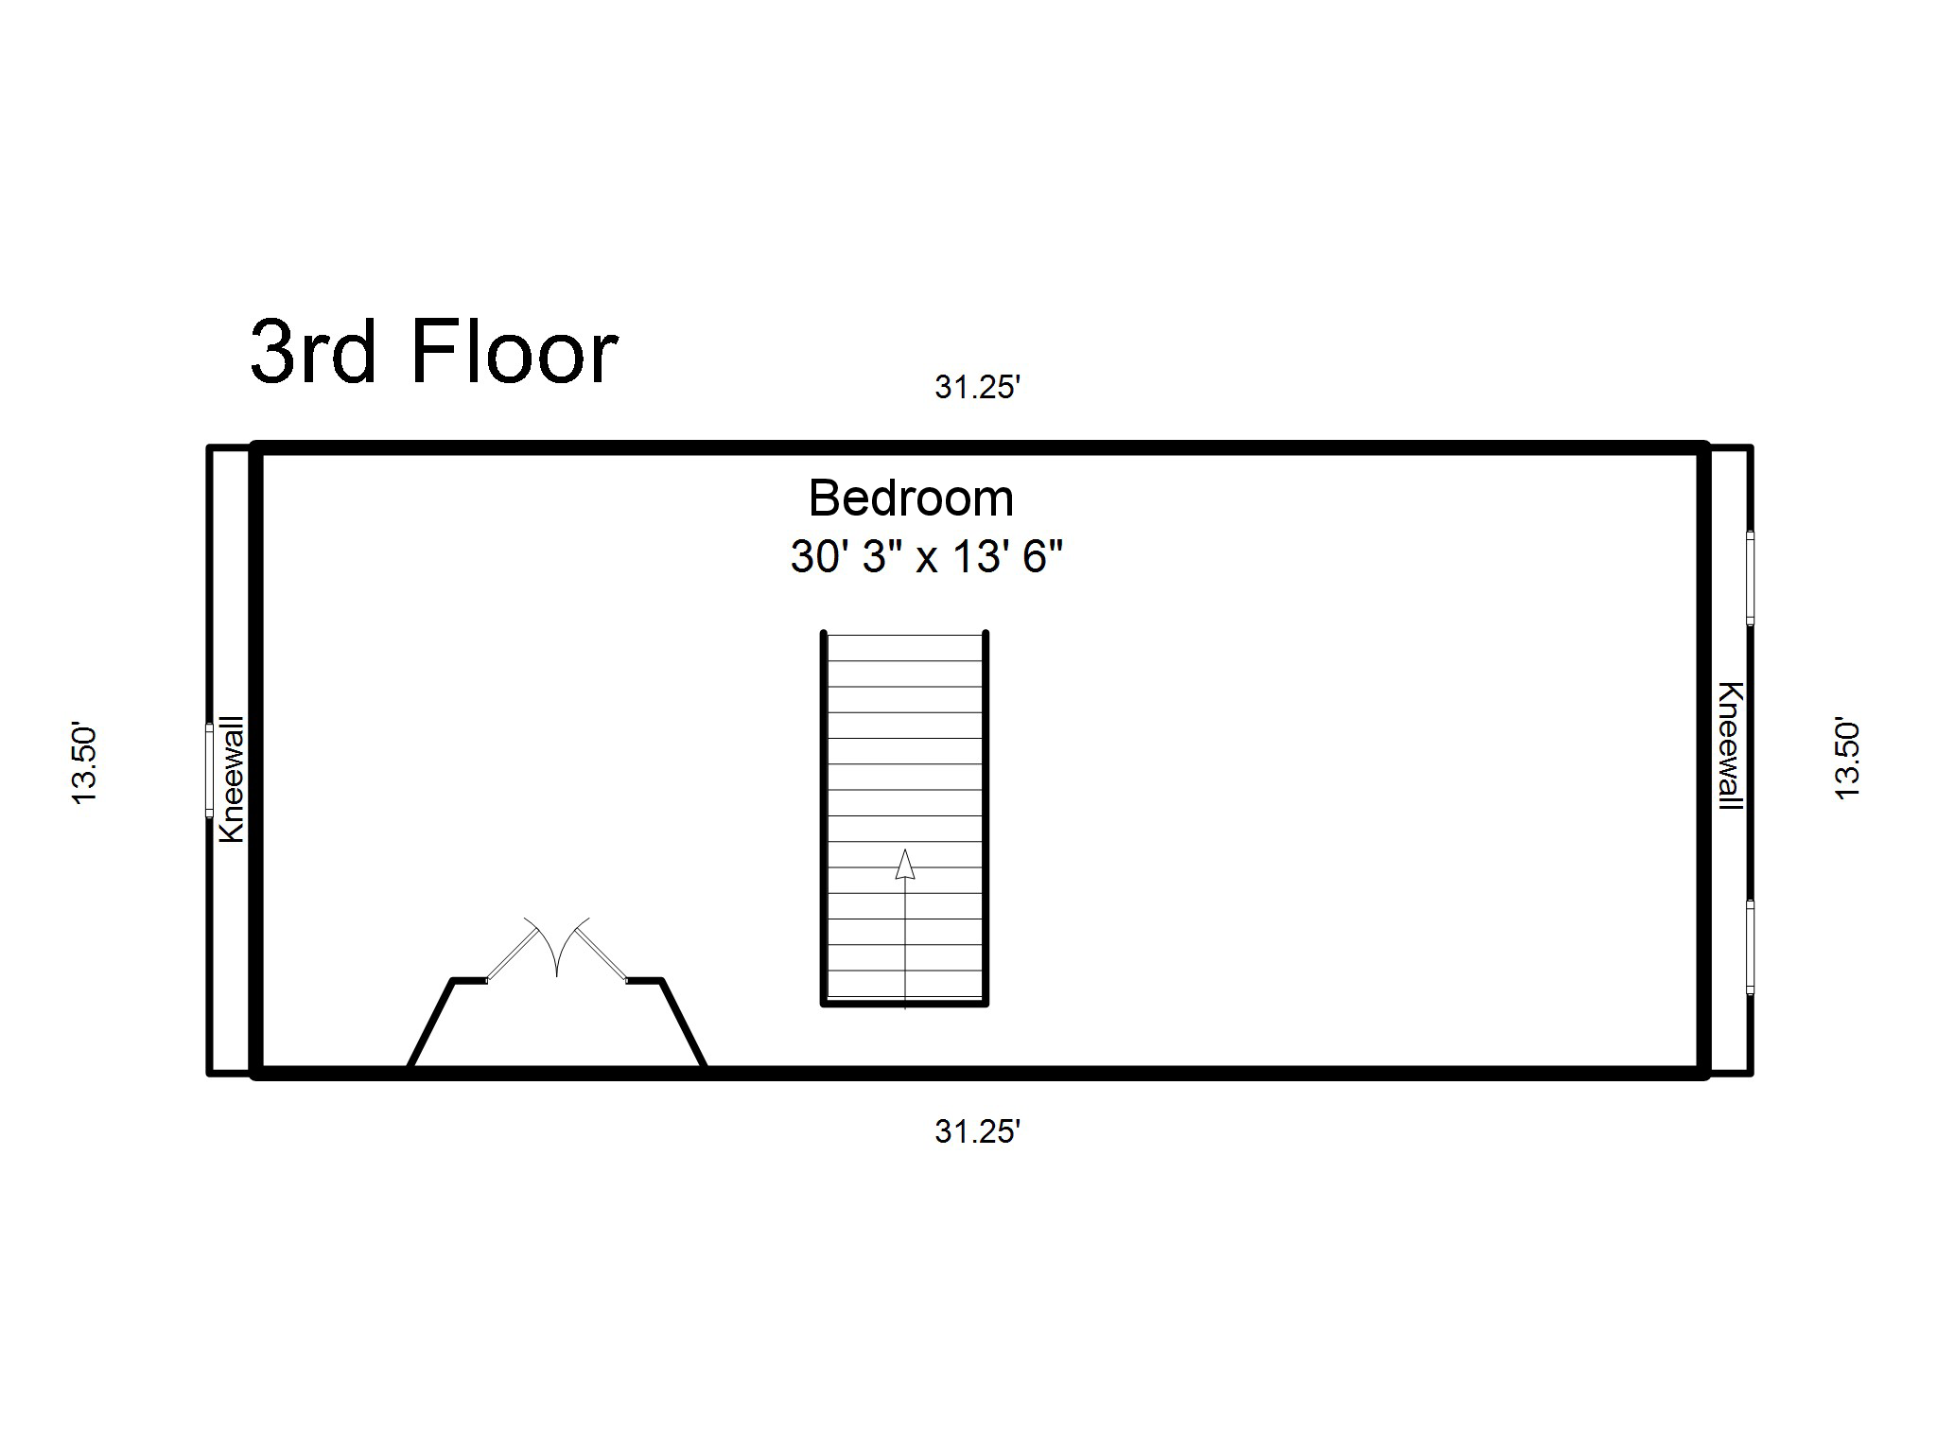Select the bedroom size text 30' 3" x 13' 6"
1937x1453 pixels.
coord(927,556)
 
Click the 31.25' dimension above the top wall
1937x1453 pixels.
coord(978,387)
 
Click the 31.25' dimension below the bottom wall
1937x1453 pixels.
coord(978,1131)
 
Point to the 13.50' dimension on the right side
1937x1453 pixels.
coord(1847,760)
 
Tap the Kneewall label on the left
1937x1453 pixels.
coord(232,779)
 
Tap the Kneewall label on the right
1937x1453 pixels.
coord(1731,746)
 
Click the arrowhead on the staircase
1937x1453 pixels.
coord(905,864)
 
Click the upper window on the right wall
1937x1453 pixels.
coord(1750,578)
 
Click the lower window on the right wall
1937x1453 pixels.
coord(1750,947)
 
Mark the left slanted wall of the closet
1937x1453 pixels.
coord(431,1024)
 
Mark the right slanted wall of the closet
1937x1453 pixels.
coord(683,1024)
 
